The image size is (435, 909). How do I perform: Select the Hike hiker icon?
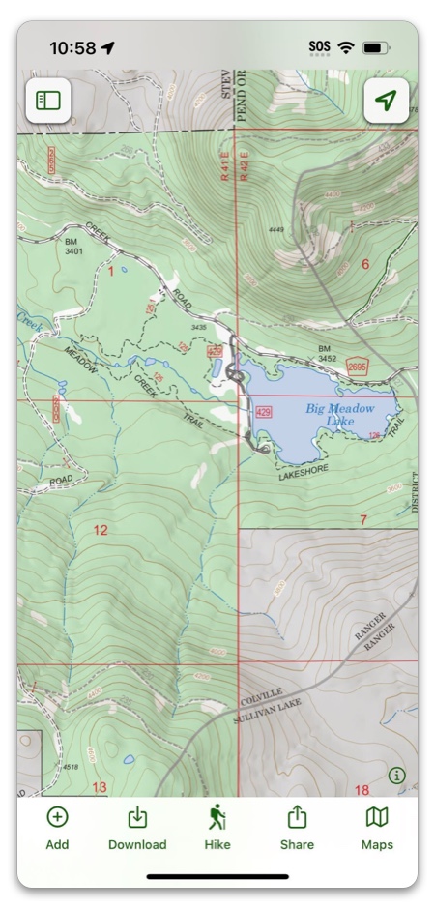pos(217,818)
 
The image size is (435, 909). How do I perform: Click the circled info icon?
pos(396,775)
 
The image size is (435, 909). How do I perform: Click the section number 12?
pos(101,530)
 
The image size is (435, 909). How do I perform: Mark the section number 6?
pos(365,264)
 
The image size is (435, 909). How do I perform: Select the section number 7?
pos(363,520)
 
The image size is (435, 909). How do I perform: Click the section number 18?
pos(362,790)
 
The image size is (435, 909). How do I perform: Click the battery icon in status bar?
pos(373,47)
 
